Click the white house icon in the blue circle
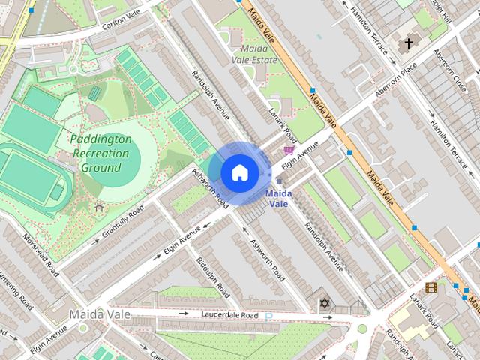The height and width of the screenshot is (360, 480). [239, 172]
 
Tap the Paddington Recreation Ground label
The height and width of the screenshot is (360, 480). [100, 153]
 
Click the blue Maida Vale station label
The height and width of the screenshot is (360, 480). [279, 198]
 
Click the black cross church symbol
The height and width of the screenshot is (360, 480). [409, 44]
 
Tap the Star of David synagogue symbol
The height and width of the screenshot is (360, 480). [325, 303]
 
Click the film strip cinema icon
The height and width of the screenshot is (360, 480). [430, 287]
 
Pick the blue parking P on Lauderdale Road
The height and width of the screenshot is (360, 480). [268, 316]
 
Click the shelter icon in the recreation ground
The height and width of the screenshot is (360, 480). [99, 208]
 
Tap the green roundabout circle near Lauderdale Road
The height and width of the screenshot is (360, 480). [361, 328]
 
